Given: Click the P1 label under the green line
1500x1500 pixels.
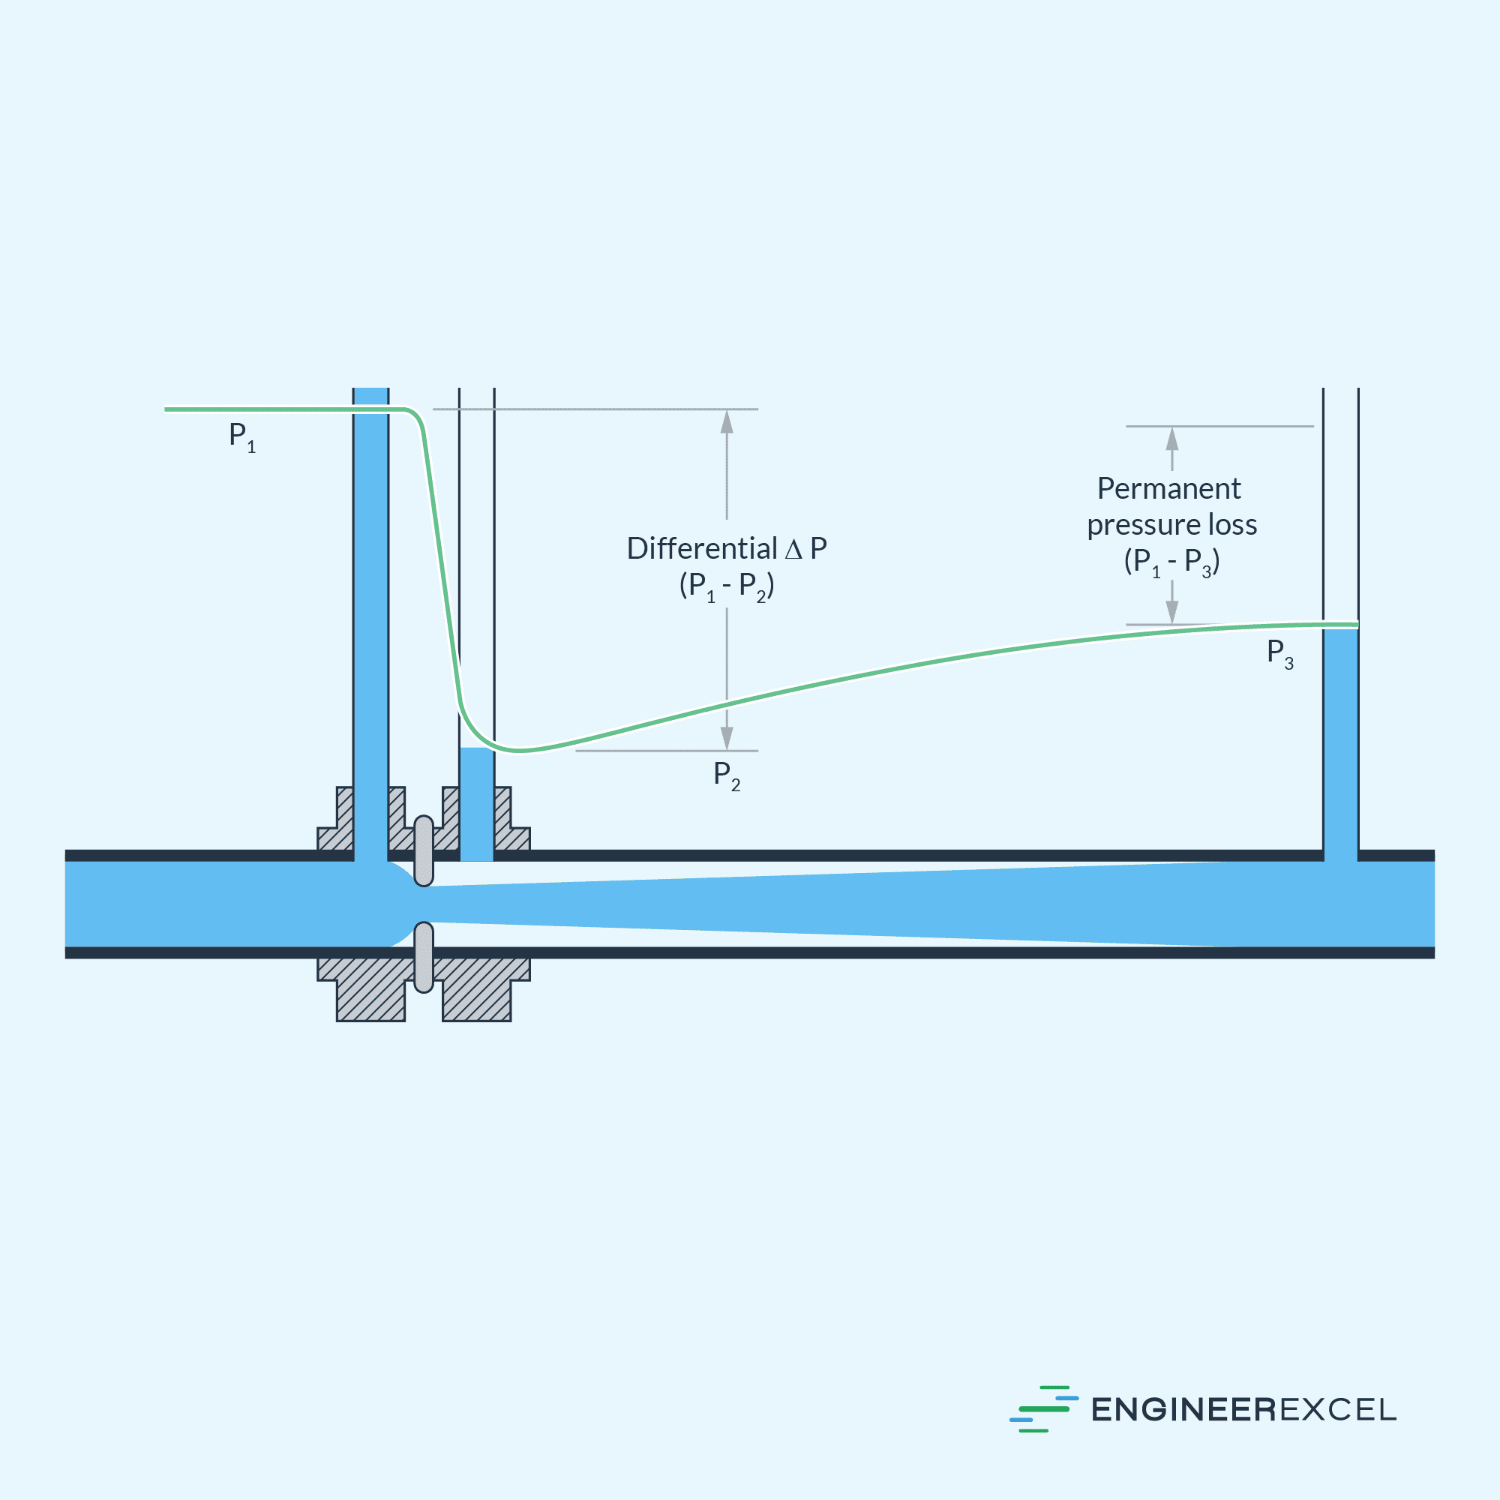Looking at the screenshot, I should click(241, 437).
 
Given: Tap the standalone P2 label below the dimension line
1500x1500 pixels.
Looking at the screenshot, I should click(727, 775).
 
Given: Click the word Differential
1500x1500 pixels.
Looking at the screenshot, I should click(702, 549).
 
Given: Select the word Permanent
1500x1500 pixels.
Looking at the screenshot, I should click(1168, 488).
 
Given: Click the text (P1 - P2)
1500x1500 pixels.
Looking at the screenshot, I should click(727, 586).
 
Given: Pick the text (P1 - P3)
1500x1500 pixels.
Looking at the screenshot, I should click(1171, 561).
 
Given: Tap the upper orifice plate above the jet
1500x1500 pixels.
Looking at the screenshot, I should click(424, 851).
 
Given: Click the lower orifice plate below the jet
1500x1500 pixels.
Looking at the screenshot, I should click(424, 956).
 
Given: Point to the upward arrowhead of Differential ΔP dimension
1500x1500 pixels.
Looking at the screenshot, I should click(727, 421).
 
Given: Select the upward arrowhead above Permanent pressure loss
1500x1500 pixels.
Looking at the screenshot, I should click(1172, 439).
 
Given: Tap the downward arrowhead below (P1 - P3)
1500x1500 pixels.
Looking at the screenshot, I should click(1172, 612).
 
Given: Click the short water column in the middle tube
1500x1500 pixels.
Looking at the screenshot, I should click(477, 803).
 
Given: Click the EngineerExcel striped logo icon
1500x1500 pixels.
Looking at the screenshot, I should click(1043, 1408).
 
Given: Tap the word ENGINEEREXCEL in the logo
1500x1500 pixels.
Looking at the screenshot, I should click(1243, 1410).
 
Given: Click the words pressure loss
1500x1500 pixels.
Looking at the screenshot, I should click(1171, 525).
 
